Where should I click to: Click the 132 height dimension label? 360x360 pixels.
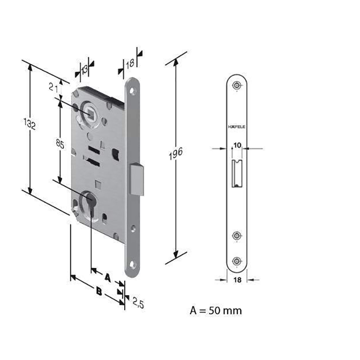pos(30,124)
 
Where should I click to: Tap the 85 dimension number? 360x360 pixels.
pos(60,144)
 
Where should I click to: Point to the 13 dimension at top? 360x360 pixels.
pos(85,69)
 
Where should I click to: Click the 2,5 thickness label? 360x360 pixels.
pos(138,303)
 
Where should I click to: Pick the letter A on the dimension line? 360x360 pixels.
pos(108,277)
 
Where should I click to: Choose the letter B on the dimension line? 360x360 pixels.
pos(99,291)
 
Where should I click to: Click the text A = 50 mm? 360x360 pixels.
pos(216,310)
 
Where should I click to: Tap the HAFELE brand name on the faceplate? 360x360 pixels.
pos(237,127)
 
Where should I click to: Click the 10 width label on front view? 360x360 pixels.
pos(238,145)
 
